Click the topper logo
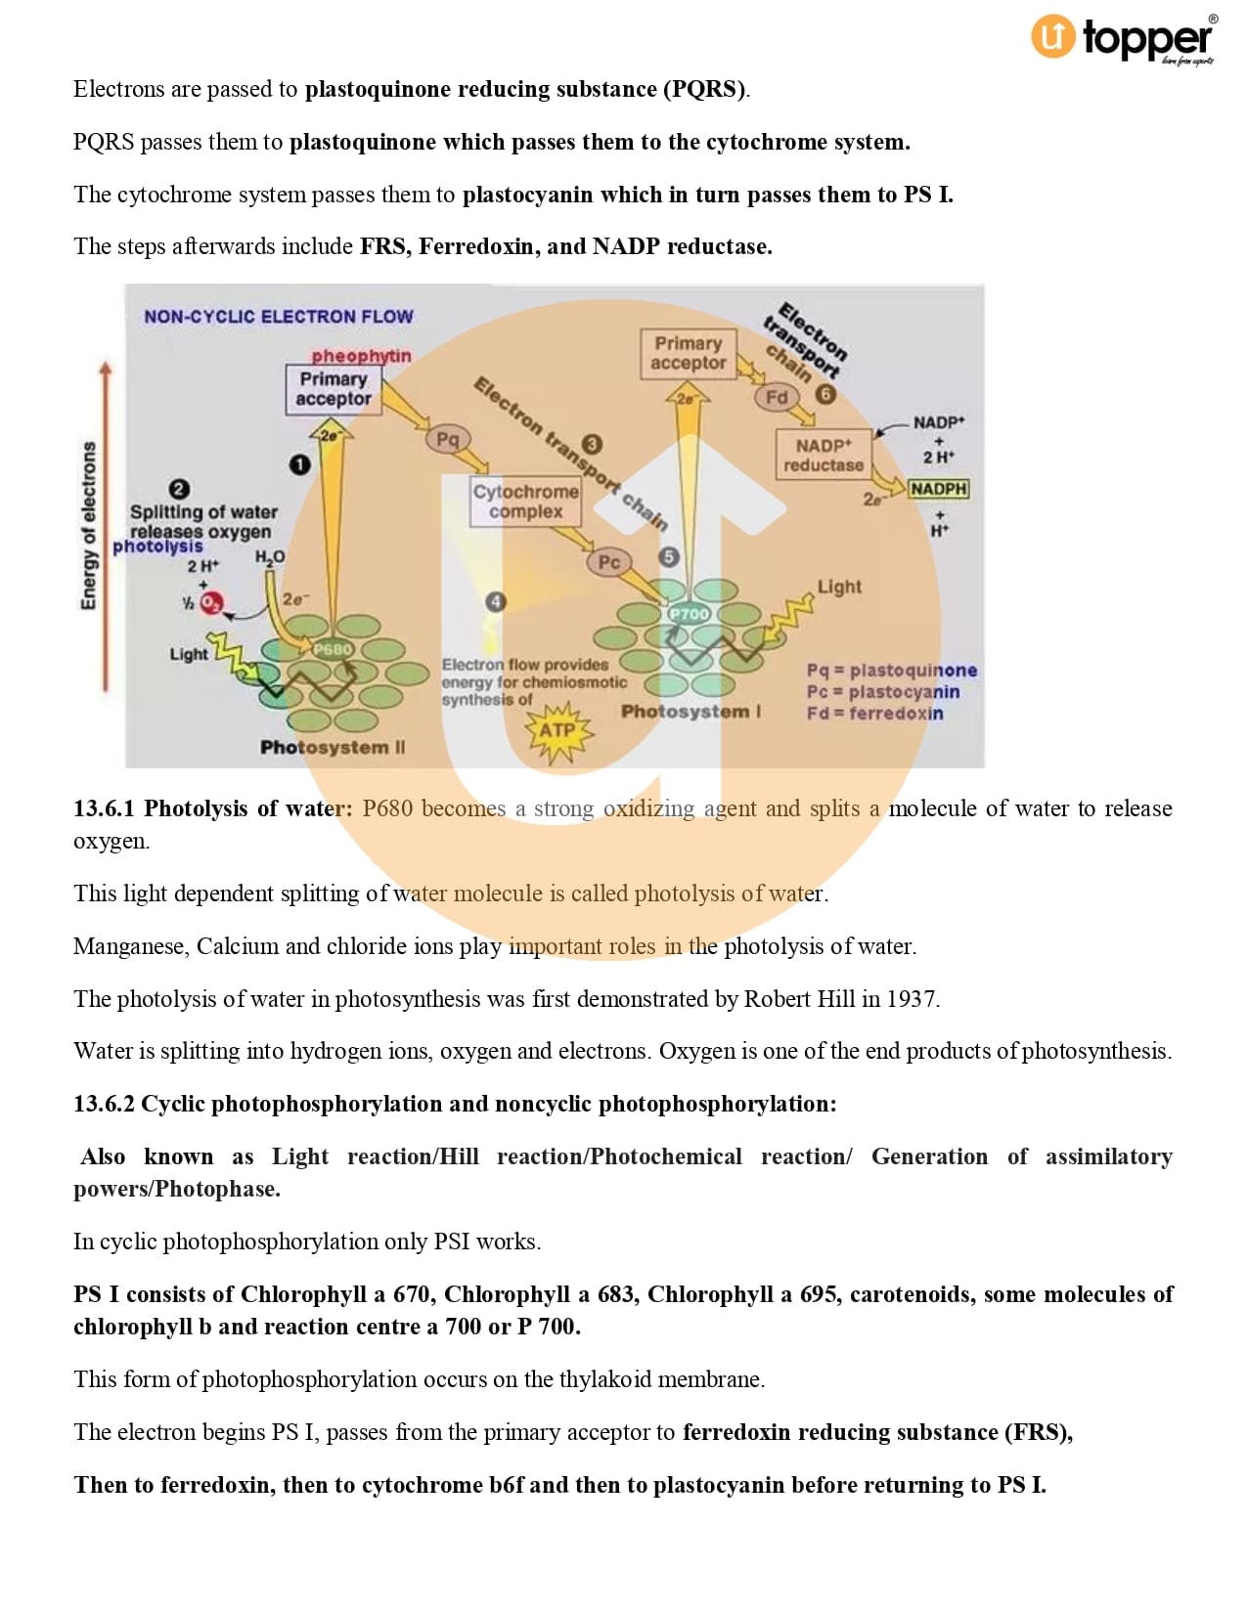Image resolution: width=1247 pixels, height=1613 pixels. (x=1123, y=39)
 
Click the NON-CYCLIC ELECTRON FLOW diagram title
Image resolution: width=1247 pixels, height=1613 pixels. (x=278, y=317)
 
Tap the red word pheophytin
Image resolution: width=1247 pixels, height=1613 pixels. (x=361, y=356)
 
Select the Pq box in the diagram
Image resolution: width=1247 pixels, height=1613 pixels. (x=447, y=439)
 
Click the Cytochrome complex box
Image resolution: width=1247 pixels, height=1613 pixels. (x=525, y=501)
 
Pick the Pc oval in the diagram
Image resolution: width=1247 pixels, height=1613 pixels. (x=608, y=561)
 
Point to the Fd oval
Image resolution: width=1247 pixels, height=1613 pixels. (x=777, y=397)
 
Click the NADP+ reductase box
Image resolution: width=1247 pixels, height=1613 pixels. (x=824, y=456)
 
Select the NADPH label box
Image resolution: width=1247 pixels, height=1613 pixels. (x=938, y=488)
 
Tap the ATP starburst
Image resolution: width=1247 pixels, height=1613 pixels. (x=557, y=730)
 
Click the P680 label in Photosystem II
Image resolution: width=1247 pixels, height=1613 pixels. (x=333, y=648)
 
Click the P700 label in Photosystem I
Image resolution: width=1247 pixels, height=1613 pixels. (x=689, y=614)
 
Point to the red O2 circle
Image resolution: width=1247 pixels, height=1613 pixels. (x=211, y=603)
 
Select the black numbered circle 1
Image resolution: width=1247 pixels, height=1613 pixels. (x=300, y=464)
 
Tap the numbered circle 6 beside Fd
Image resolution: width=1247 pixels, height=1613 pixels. (x=825, y=394)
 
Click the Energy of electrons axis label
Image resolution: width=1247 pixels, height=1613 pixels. (x=89, y=526)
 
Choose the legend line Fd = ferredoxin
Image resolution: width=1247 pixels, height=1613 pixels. (x=874, y=714)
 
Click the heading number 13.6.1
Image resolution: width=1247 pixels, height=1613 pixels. (x=104, y=808)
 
